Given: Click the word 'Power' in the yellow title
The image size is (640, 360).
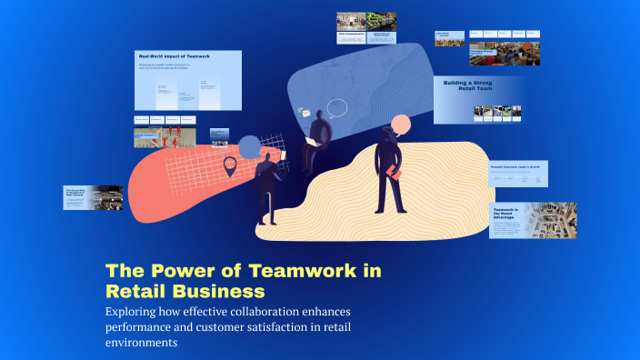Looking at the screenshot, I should pyautogui.click(x=175, y=271).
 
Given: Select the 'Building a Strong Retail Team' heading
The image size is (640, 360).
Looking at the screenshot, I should pyautogui.click(x=467, y=86).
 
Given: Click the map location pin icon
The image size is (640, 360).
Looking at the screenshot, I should pyautogui.click(x=230, y=166).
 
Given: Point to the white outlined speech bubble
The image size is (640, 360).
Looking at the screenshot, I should pyautogui.click(x=338, y=108).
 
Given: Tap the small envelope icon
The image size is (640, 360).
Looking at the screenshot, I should pyautogui.click(x=306, y=113).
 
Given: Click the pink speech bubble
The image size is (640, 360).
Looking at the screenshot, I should pyautogui.click(x=399, y=125).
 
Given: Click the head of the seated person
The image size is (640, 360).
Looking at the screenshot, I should pyautogui.click(x=319, y=115).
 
